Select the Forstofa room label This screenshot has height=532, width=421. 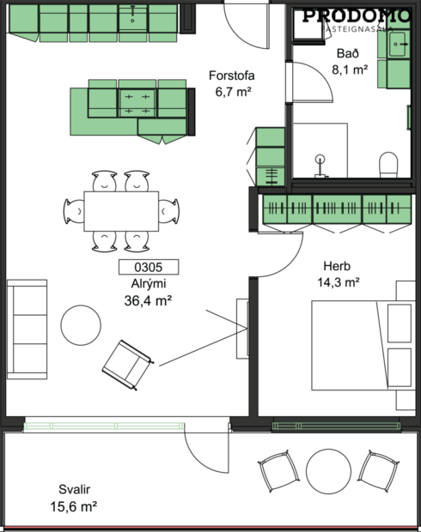[x=232, y=75]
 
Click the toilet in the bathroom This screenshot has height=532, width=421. [x=388, y=163]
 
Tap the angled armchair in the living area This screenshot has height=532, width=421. [x=127, y=361]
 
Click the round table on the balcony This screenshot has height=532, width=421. [x=327, y=470]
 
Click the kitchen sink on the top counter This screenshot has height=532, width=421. [x=133, y=15]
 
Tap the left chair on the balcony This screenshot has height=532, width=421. [x=277, y=471]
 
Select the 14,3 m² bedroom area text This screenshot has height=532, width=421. [x=338, y=281]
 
